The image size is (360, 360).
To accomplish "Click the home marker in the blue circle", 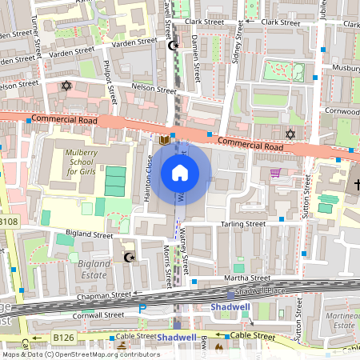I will [180, 172].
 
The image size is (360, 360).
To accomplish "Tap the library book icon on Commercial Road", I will [165, 139].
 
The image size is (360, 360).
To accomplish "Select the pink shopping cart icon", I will [276, 172].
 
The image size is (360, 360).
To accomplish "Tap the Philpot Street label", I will [114, 80].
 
